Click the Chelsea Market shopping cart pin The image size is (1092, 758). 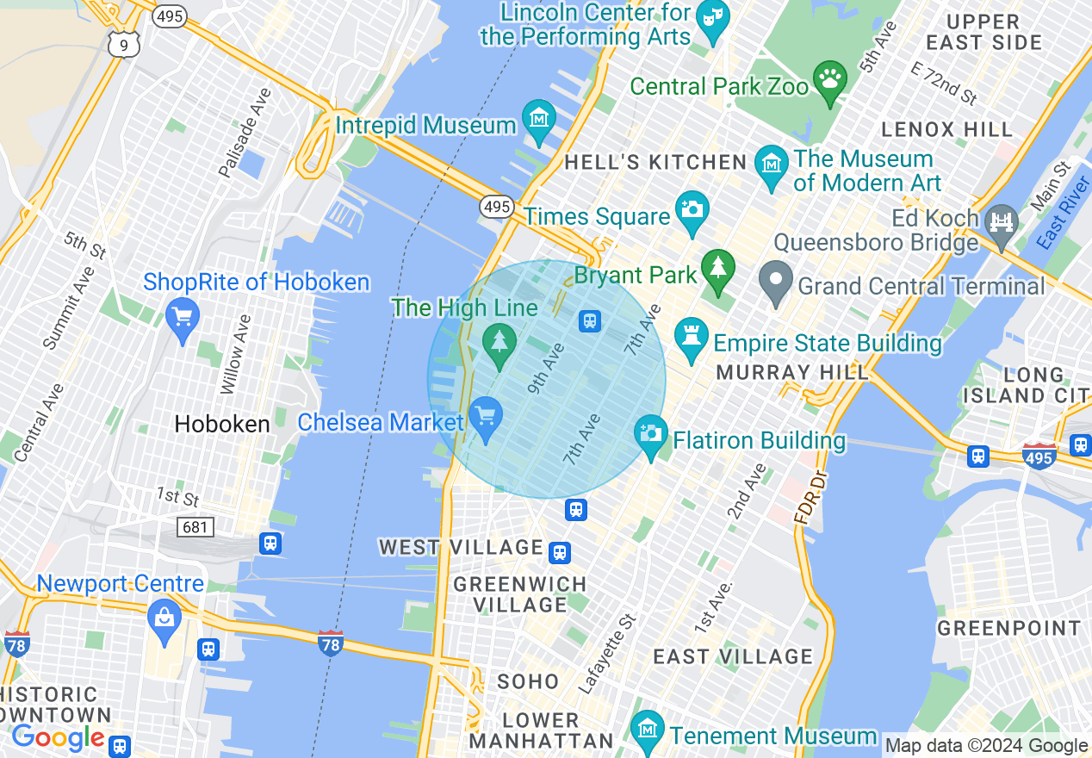pos(486,416)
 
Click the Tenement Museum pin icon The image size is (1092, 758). pos(647,730)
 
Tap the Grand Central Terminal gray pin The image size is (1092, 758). pos(775,281)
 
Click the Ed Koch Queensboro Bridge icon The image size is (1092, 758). pos(1002,222)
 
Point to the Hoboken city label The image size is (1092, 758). pos(222,424)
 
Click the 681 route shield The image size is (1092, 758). pos(195,525)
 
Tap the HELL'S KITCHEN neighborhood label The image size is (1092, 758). pos(655,162)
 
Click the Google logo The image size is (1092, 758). pos(59,737)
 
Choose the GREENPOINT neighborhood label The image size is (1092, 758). pos(1008,628)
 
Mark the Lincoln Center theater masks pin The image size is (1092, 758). pos(712,19)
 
